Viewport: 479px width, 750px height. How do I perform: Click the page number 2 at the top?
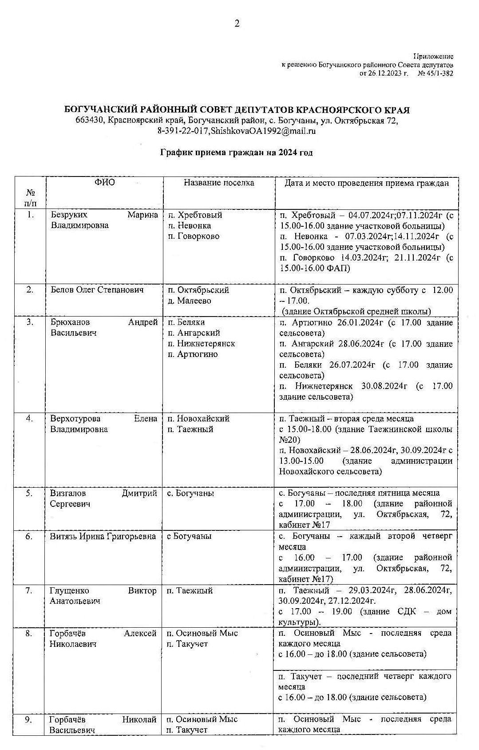pos(237,24)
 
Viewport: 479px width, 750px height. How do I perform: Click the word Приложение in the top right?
pos(433,56)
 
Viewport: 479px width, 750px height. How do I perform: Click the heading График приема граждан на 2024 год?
pos(236,152)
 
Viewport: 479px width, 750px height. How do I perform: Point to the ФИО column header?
pos(104,183)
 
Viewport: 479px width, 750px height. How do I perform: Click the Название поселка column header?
pos(219,183)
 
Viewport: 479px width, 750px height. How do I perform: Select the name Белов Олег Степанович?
pos(97,290)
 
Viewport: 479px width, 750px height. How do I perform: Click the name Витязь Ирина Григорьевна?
pos(103,537)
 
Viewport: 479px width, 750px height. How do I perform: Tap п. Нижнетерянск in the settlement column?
pos(202,344)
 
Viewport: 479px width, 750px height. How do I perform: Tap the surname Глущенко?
pos(69,591)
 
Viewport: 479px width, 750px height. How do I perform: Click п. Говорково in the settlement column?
pos(194,237)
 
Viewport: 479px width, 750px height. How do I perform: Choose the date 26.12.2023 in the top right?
pos(384,73)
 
